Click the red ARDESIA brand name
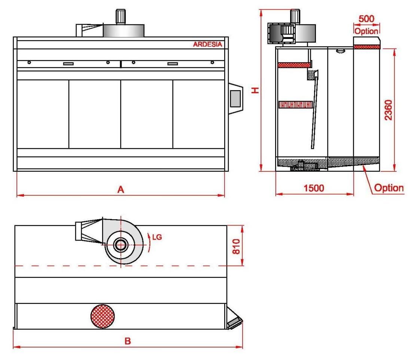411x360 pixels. pyautogui.click(x=207, y=45)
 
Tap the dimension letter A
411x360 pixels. pyautogui.click(x=121, y=190)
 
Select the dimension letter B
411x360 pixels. pyautogui.click(x=128, y=341)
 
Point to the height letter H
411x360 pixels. pyautogui.click(x=255, y=90)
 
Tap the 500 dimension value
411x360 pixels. pyautogui.click(x=366, y=19)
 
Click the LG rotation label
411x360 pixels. pyautogui.click(x=157, y=237)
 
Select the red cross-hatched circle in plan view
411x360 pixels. pyautogui.click(x=103, y=317)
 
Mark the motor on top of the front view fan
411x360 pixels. pyautogui.click(x=121, y=16)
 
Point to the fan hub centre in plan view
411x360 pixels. pyautogui.click(x=120, y=245)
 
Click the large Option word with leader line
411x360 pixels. pyautogui.click(x=389, y=188)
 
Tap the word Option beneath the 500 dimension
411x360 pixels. pyautogui.click(x=366, y=31)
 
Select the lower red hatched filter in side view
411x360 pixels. pyautogui.click(x=295, y=104)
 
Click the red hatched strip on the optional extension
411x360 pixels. pyautogui.click(x=367, y=47)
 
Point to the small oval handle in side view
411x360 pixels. pyautogui.click(x=340, y=51)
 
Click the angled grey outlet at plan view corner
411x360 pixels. pyautogui.click(x=235, y=321)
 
